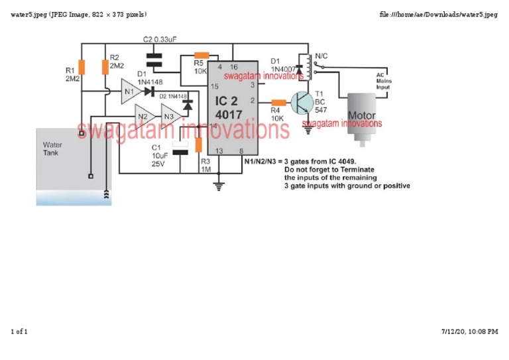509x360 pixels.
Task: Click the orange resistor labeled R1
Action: tap(82, 67)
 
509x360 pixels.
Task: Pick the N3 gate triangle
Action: tap(170, 116)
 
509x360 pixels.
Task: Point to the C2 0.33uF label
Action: tap(159, 40)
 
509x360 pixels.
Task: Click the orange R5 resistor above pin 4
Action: tap(201, 56)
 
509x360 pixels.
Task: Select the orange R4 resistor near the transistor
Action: tap(279, 102)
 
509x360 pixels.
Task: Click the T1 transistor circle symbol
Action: tap(304, 102)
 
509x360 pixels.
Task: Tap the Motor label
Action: tap(361, 115)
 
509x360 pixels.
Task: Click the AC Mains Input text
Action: tap(384, 81)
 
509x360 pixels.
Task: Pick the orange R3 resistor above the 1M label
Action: tap(198, 145)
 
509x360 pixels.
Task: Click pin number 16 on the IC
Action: tap(233, 67)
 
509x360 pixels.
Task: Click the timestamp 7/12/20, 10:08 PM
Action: tap(469, 331)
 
